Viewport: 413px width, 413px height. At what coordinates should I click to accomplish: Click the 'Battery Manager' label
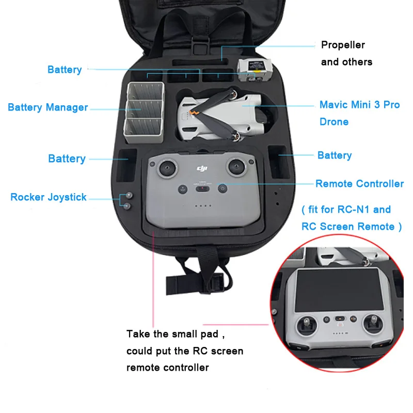coord(47,107)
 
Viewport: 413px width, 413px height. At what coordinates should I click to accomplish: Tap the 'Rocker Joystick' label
coord(49,197)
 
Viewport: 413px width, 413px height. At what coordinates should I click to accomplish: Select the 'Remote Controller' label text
coord(359,184)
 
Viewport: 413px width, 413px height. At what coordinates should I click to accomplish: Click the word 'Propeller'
coord(343,45)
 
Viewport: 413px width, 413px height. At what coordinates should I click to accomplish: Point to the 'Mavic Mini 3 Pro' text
coord(359,105)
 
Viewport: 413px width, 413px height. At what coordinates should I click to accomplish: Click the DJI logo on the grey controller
coord(201,168)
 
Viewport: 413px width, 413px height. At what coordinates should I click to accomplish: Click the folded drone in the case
coord(222,114)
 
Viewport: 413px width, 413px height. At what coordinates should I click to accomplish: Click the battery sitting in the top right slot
coord(254,69)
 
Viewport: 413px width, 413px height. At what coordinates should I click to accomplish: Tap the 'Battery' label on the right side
coord(335,155)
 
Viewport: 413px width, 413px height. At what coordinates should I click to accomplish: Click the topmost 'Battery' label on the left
coord(65,70)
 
